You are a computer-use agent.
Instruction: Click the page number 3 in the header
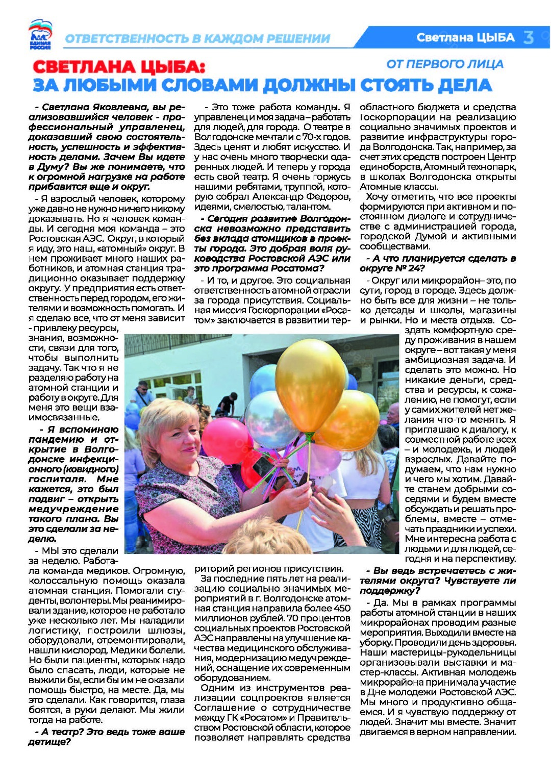pos(529,37)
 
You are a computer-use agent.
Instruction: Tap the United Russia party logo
pos(40,34)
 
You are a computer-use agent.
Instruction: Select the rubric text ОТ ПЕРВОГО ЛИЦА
pos(444,64)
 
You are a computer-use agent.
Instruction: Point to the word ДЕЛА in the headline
pos(463,85)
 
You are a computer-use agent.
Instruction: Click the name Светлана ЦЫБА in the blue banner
pos(465,37)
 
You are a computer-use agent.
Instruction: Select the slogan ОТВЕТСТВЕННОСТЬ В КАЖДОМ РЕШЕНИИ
pos(197,38)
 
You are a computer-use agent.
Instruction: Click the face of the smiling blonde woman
pos(170,440)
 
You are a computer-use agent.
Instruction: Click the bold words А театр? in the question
pos(62,732)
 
